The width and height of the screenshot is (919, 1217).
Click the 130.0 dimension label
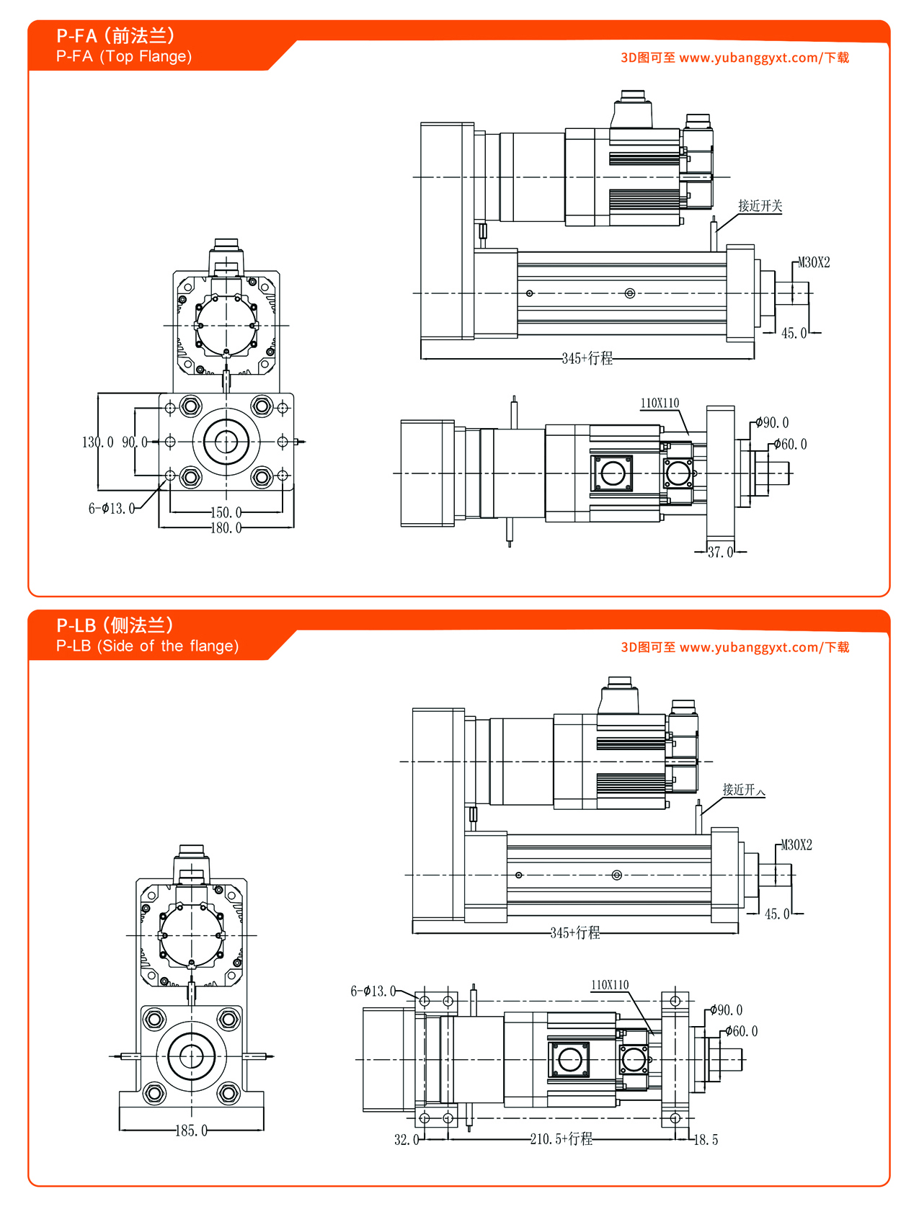tap(97, 442)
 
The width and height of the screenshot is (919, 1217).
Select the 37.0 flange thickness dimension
tap(720, 552)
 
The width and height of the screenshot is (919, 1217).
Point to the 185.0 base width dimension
tap(191, 1131)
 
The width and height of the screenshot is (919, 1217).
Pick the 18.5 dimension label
tap(706, 1139)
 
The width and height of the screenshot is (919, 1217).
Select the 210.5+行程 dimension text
tap(561, 1138)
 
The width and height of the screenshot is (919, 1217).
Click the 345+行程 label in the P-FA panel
tap(587, 358)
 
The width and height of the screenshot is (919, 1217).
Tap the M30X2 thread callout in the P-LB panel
tap(796, 844)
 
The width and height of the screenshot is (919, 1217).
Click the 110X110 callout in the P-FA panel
tap(660, 403)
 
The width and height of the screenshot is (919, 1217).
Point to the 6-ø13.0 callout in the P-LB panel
tap(373, 991)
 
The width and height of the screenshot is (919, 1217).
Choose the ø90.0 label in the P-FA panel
tap(772, 422)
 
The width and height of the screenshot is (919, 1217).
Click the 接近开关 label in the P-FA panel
tap(760, 206)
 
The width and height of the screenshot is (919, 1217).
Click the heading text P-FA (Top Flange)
tap(124, 56)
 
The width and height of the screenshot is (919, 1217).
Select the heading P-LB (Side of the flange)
tap(147, 646)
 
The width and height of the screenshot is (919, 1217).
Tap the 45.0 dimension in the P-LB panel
tap(776, 914)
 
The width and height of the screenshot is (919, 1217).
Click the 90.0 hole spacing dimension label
tap(134, 442)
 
